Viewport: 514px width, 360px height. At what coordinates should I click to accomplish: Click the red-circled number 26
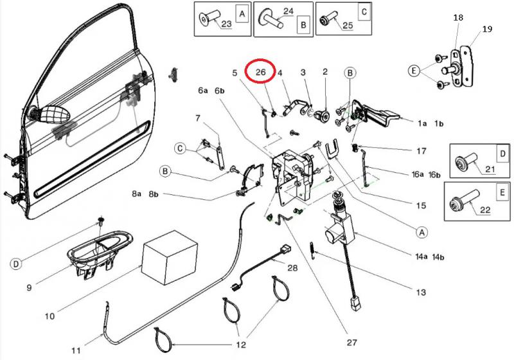pos(261,73)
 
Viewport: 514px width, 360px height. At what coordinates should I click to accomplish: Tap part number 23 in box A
pos(226,24)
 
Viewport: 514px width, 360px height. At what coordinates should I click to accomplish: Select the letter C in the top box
pos(364,12)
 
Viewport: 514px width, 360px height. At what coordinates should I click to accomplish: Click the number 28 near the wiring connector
pos(292,267)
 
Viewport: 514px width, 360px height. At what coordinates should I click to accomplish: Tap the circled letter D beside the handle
pos(15,264)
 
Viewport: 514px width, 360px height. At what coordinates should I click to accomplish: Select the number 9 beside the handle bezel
pos(29,287)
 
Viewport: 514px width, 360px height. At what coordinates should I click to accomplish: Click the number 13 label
pos(421,292)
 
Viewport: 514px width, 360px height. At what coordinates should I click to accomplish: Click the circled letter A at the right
pos(422,230)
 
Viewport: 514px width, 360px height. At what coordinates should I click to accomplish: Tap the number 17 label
pos(421,151)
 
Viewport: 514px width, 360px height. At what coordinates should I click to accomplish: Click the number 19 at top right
pos(486,29)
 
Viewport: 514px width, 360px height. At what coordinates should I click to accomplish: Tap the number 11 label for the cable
pos(76,351)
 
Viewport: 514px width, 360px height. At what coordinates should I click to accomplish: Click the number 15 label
pos(421,206)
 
